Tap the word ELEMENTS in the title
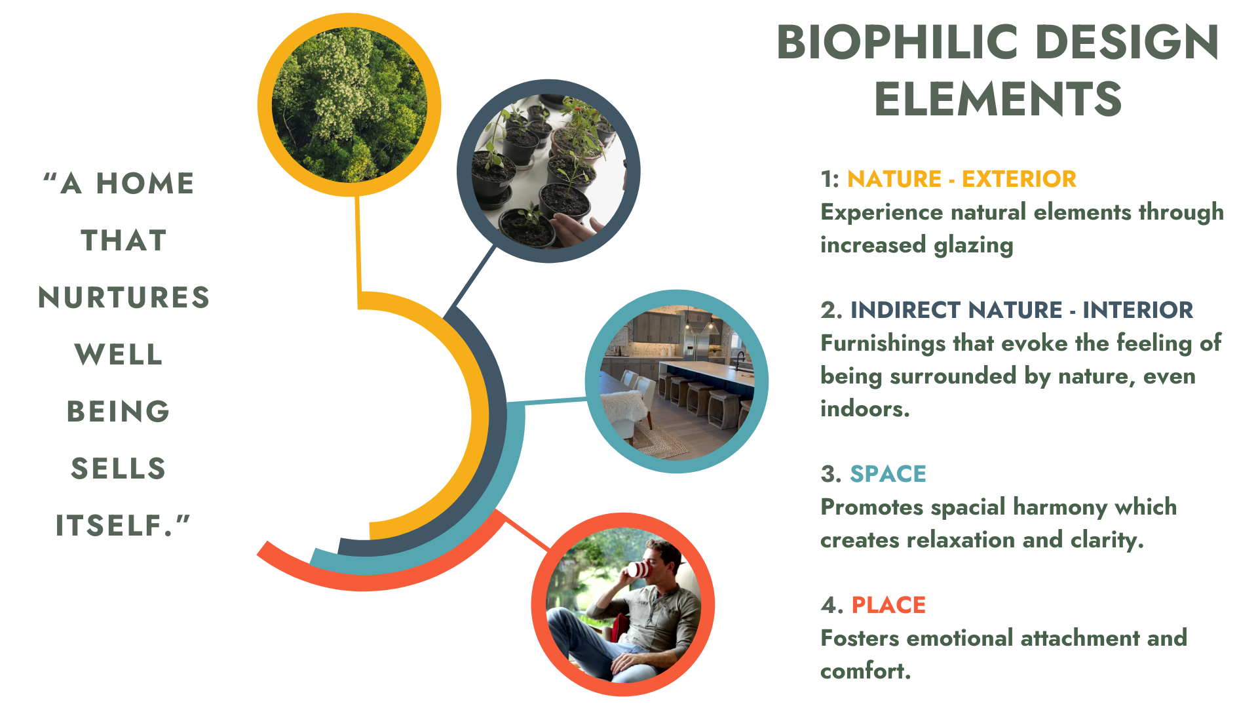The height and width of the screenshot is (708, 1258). pyautogui.click(x=998, y=100)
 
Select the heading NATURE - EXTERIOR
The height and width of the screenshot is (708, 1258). pyautogui.click(x=961, y=179)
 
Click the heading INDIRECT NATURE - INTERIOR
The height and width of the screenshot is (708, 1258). pyautogui.click(x=1021, y=310)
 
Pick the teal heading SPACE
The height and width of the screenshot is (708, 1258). pyautogui.click(x=888, y=474)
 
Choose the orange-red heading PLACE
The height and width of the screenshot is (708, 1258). pyautogui.click(x=888, y=605)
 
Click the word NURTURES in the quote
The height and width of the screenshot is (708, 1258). pyautogui.click(x=124, y=298)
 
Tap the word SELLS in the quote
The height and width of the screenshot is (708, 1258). pyautogui.click(x=119, y=469)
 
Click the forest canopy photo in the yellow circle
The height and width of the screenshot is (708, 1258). pyautogui.click(x=349, y=105)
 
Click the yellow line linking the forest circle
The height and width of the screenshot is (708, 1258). pyautogui.click(x=358, y=243)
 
